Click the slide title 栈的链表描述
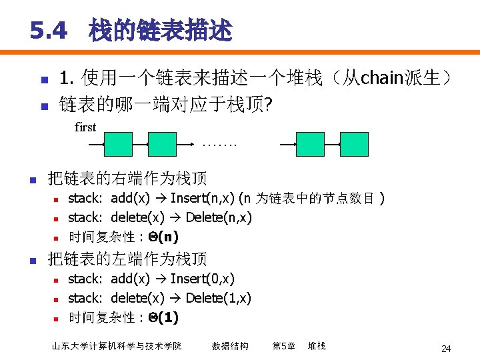(x=161, y=30)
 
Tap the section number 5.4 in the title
(x=49, y=30)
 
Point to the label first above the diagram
(x=85, y=127)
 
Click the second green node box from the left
(x=162, y=144)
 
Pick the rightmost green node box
(x=354, y=144)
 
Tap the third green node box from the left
(x=310, y=144)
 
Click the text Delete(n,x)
(x=219, y=217)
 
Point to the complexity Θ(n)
(x=163, y=237)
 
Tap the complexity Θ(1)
(x=163, y=317)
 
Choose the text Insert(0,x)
(x=203, y=279)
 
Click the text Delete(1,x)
(x=218, y=298)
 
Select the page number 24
(x=446, y=348)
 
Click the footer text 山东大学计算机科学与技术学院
(x=117, y=346)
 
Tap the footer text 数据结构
(x=230, y=346)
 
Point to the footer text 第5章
(x=283, y=346)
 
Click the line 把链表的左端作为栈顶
(x=127, y=259)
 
